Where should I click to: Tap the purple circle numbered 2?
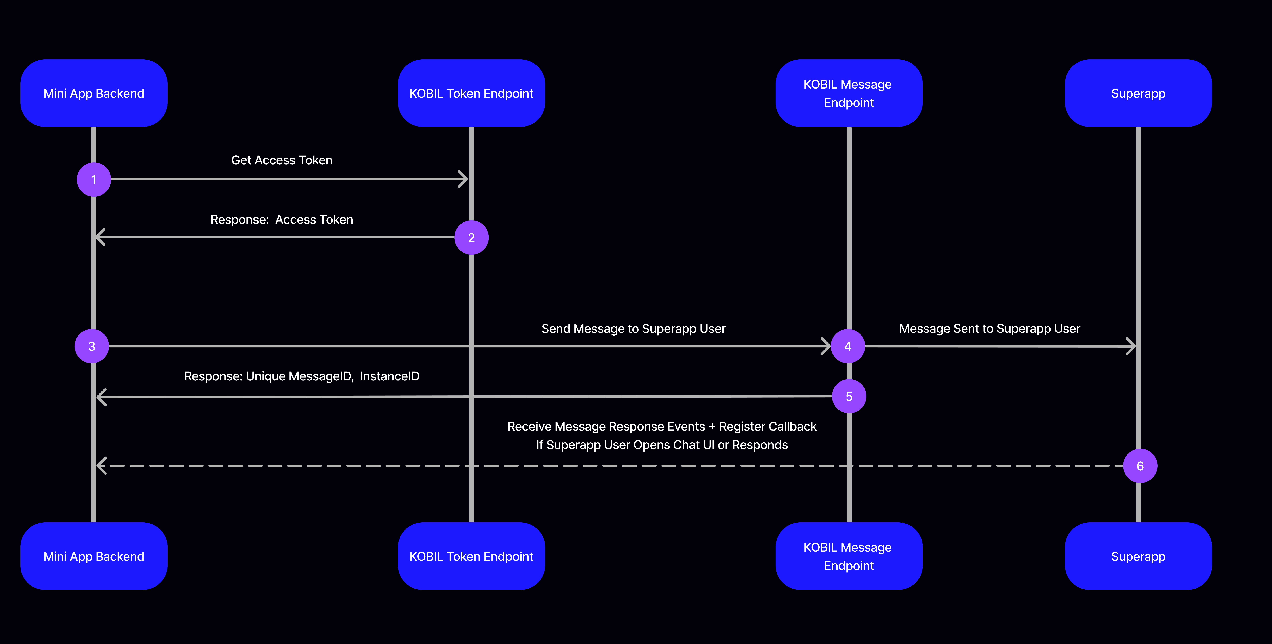471,237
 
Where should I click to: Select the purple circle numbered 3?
92,346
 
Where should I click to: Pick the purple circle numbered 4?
848,346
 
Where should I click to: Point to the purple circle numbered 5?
849,396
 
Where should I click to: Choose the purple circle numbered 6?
1140,466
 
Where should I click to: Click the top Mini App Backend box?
94,93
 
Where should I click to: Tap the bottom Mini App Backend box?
94,556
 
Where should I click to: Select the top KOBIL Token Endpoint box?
471,93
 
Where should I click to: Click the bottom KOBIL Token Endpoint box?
471,556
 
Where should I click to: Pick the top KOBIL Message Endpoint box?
848,93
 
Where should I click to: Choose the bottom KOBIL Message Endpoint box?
848,556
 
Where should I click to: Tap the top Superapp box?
1138,93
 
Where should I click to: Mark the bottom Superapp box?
1138,556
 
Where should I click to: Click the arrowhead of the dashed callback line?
101,466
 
